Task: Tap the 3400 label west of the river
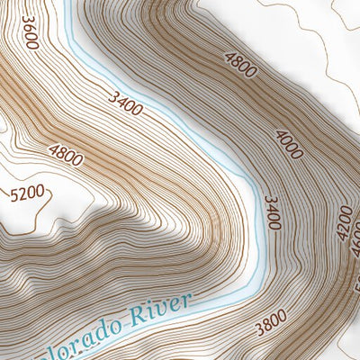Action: click(x=124, y=104)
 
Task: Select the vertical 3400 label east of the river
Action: click(x=273, y=212)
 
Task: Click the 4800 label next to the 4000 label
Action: click(x=241, y=66)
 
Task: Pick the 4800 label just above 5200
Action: click(x=66, y=156)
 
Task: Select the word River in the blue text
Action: click(x=160, y=310)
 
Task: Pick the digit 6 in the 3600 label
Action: click(x=30, y=29)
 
